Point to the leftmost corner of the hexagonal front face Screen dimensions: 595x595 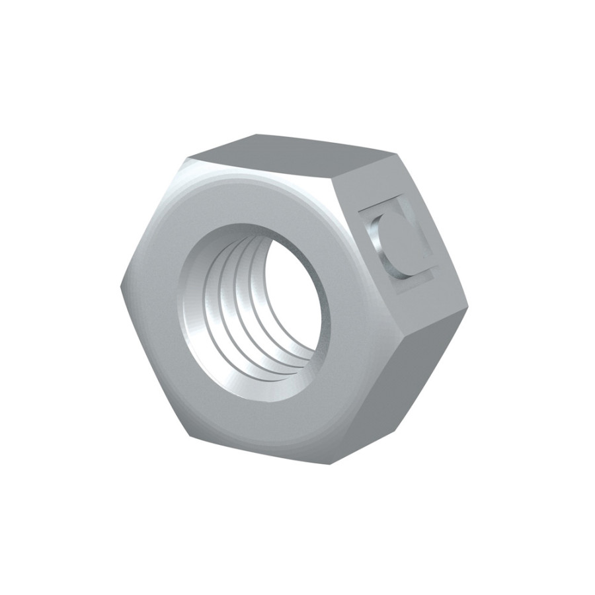tap(121, 286)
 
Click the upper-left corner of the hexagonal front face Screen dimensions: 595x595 tap(188, 159)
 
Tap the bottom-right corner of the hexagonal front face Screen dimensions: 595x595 tap(331, 463)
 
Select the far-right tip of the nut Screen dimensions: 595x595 tap(468, 306)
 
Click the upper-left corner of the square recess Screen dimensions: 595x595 tap(360, 210)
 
